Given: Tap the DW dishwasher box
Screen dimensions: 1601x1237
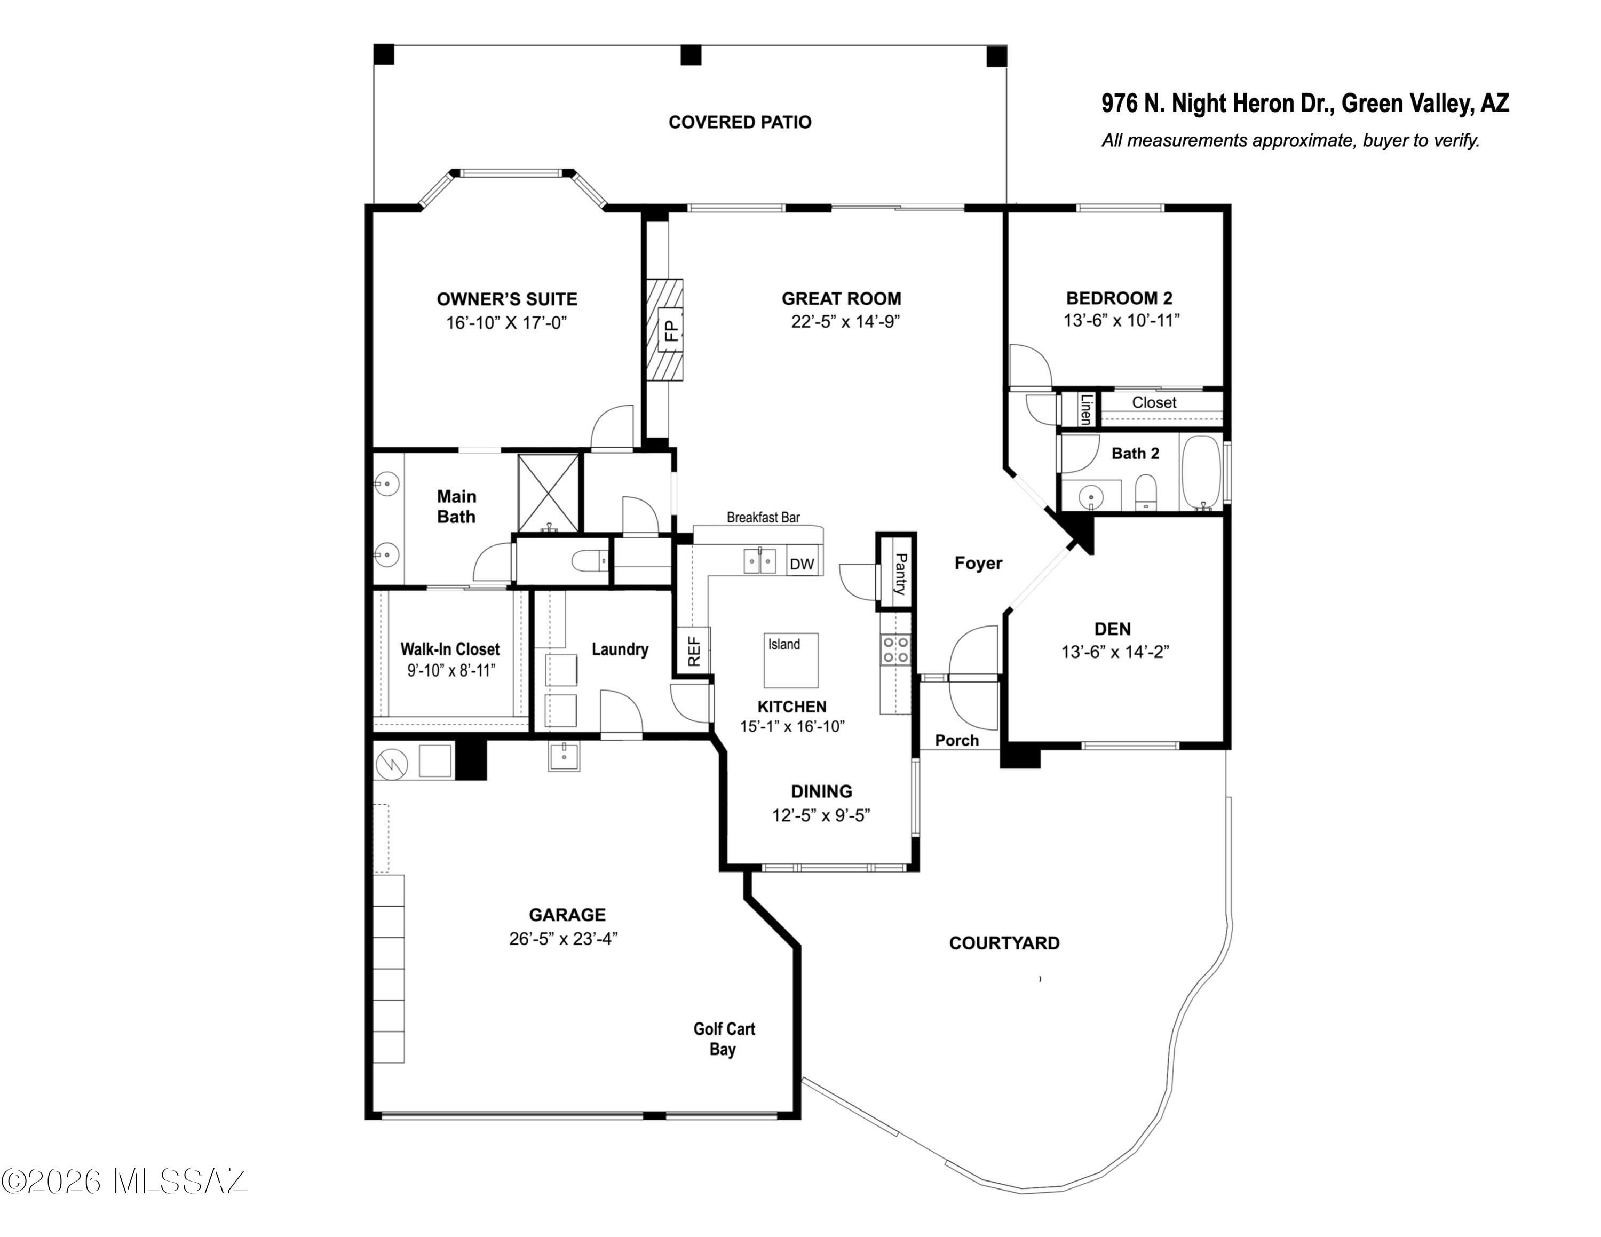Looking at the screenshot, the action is coord(802,564).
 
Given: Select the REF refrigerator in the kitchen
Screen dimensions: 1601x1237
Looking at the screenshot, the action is coord(693,650).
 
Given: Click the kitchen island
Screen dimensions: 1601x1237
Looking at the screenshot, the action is coord(791,660).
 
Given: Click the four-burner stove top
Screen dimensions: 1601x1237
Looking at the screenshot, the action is coord(895,649).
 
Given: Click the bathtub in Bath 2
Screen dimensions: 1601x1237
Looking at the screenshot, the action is coord(1201,473).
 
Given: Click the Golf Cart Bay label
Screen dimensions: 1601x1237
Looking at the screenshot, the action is coord(724,1039).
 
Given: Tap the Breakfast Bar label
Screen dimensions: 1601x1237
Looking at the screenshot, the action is coord(763,517).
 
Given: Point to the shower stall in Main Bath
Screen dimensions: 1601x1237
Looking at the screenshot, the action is coord(548,493).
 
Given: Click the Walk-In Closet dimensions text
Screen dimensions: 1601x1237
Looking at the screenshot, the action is coord(451,670).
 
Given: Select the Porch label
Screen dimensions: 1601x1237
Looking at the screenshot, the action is coord(957,741).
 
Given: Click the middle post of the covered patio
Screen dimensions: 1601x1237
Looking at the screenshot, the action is coord(691,55).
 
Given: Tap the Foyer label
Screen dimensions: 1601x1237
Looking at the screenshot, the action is coord(978,563).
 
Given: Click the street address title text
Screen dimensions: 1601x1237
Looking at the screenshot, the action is coord(1305,104).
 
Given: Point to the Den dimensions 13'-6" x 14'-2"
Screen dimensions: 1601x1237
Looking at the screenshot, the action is coord(1115,652).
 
